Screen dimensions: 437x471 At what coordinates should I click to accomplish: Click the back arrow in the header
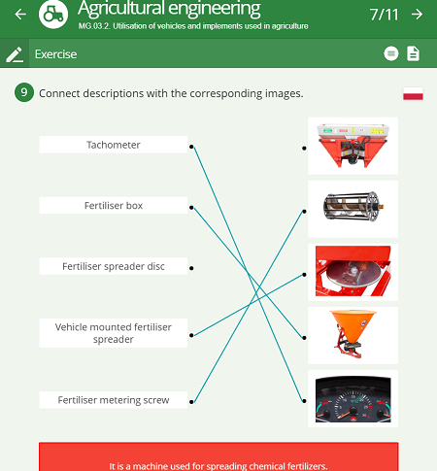point(20,14)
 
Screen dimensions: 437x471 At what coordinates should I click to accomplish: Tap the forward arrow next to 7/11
point(417,14)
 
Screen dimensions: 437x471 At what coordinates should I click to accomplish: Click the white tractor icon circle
point(53,14)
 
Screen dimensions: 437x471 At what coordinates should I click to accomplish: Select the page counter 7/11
point(384,15)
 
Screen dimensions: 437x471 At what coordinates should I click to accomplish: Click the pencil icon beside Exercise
point(15,54)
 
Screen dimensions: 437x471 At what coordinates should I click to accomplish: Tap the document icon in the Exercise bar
point(413,53)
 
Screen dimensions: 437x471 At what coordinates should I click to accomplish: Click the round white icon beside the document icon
point(391,53)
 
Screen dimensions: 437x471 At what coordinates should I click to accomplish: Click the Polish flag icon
point(413,93)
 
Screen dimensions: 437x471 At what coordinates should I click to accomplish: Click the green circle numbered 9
point(24,92)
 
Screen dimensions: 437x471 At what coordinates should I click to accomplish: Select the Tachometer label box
point(114,145)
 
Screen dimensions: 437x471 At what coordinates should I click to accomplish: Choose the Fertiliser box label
point(114,205)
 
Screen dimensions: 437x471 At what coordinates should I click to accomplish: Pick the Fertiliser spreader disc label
point(114,266)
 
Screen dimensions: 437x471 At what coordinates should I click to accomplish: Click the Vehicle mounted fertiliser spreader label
point(114,333)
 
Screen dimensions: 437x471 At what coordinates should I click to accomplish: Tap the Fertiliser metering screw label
point(114,400)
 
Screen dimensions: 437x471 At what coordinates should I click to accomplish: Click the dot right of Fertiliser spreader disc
point(191,268)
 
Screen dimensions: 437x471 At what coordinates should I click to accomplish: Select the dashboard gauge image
point(353,399)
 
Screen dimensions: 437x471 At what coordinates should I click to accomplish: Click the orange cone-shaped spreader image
point(353,335)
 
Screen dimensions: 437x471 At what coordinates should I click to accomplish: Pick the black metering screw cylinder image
point(353,209)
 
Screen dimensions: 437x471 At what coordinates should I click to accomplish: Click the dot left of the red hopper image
point(304,149)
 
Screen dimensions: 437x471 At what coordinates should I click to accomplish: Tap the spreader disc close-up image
point(353,272)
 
